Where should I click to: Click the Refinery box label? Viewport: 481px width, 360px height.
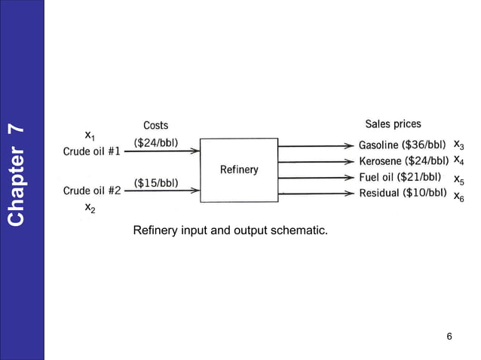coord(239,169)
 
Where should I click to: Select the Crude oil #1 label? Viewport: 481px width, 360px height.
coord(91,150)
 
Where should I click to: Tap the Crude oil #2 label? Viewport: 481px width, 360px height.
coord(91,191)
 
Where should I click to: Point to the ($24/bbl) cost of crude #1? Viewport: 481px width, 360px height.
coord(156,142)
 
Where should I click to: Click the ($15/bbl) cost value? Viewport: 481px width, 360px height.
coord(156,182)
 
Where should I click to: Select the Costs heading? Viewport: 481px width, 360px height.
coord(156,125)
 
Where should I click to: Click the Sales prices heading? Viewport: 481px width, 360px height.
coord(393,124)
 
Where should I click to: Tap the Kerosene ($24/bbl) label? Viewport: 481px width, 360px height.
coord(403,161)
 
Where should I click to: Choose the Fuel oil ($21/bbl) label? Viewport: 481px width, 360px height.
coord(400,178)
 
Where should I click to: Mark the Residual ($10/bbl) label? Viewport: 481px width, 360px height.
coord(403,194)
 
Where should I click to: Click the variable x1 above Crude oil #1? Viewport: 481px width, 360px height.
coord(90,136)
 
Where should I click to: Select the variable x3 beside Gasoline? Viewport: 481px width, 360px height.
coord(459,144)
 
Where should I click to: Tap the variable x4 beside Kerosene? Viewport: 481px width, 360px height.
coord(459,160)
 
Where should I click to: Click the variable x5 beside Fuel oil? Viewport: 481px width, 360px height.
coord(459,180)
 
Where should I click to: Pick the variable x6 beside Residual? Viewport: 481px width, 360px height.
coord(459,197)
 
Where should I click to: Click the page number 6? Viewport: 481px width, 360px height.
coord(449,336)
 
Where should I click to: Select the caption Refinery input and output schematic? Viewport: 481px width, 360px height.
coord(230,230)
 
